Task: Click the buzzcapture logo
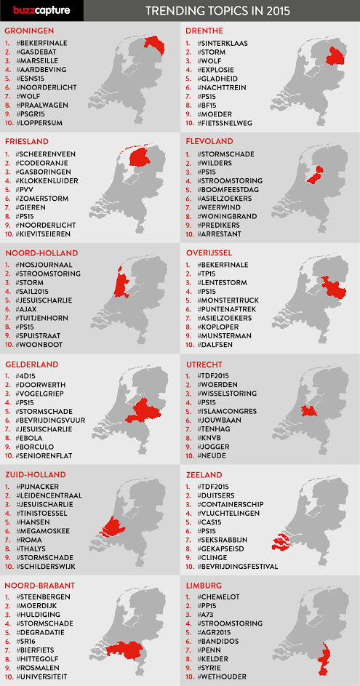(x=37, y=10)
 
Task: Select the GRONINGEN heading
(x=29, y=31)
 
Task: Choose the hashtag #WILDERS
(x=218, y=165)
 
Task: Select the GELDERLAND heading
(x=31, y=364)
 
